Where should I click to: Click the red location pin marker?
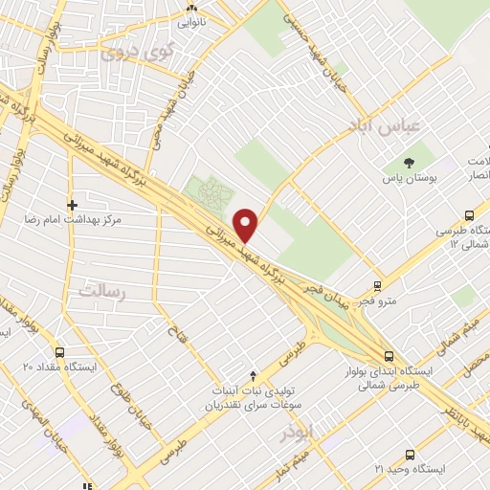tap(247, 224)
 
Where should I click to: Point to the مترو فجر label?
tap(378, 302)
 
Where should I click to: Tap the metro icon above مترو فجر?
tap(378, 286)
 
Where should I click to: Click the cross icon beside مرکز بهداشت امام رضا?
tap(72, 204)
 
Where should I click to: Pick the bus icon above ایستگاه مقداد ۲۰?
tap(60, 352)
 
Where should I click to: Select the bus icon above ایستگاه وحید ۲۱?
tap(410, 455)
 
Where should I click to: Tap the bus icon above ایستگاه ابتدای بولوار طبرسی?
tap(388, 353)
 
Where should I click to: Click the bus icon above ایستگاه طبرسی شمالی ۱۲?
tap(469, 215)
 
